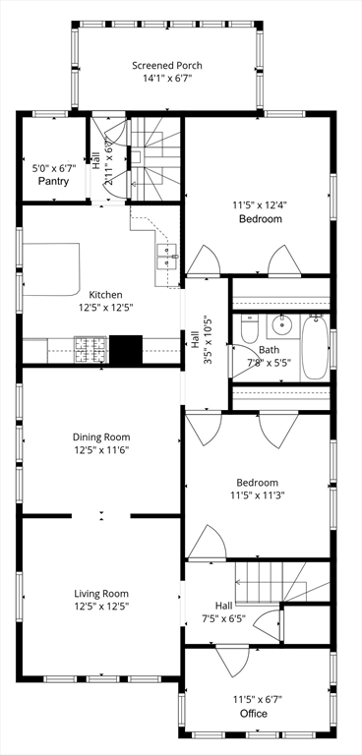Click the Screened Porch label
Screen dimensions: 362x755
pyautogui.click(x=167, y=66)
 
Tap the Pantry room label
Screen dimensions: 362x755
pyautogui.click(x=53, y=182)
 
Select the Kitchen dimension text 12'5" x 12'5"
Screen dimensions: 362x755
pyautogui.click(x=105, y=307)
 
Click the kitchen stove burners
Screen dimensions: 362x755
pyautogui.click(x=90, y=350)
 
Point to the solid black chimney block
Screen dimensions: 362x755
pyautogui.click(x=126, y=350)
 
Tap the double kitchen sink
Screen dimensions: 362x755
pyautogui.click(x=168, y=257)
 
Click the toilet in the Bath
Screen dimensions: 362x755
pyautogui.click(x=250, y=328)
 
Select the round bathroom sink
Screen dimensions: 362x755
pyautogui.click(x=281, y=325)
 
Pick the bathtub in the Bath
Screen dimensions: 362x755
pyautogui.click(x=315, y=346)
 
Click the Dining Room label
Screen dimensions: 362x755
pyautogui.click(x=101, y=437)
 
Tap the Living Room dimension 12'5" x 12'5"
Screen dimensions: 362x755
pyautogui.click(x=101, y=607)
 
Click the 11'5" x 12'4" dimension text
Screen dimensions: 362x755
pyautogui.click(x=260, y=205)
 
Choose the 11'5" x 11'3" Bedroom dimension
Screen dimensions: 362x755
pyautogui.click(x=258, y=495)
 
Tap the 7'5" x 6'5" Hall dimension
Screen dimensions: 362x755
pyautogui.click(x=224, y=618)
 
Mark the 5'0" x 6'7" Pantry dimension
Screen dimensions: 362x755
pyautogui.click(x=53, y=169)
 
